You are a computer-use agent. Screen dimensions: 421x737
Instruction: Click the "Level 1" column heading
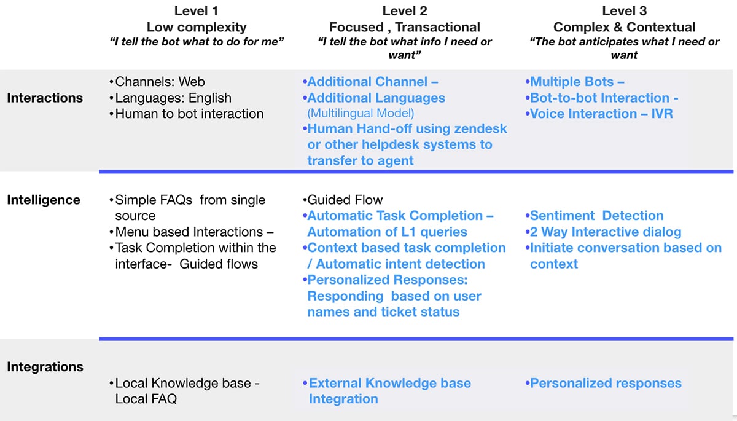click(196, 10)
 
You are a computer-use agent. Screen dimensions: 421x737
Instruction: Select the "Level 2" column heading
click(404, 10)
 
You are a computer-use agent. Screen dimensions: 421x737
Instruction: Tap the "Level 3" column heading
click(624, 10)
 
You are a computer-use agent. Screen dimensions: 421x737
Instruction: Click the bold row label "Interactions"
click(45, 98)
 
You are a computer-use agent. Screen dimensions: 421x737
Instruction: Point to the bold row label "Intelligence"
click(44, 200)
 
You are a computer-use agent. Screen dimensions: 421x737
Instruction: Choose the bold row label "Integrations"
click(45, 367)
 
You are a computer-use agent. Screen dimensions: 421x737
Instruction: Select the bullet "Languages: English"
click(173, 98)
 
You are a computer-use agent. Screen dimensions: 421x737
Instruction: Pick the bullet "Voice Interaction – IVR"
click(601, 114)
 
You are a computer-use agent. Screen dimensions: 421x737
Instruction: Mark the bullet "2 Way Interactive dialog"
click(605, 232)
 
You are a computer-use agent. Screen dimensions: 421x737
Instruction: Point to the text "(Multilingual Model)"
click(361, 113)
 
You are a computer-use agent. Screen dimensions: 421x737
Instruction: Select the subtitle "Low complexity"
click(196, 27)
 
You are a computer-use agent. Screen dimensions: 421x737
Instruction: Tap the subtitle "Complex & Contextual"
click(624, 27)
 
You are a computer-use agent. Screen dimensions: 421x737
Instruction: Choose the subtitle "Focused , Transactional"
click(404, 27)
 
